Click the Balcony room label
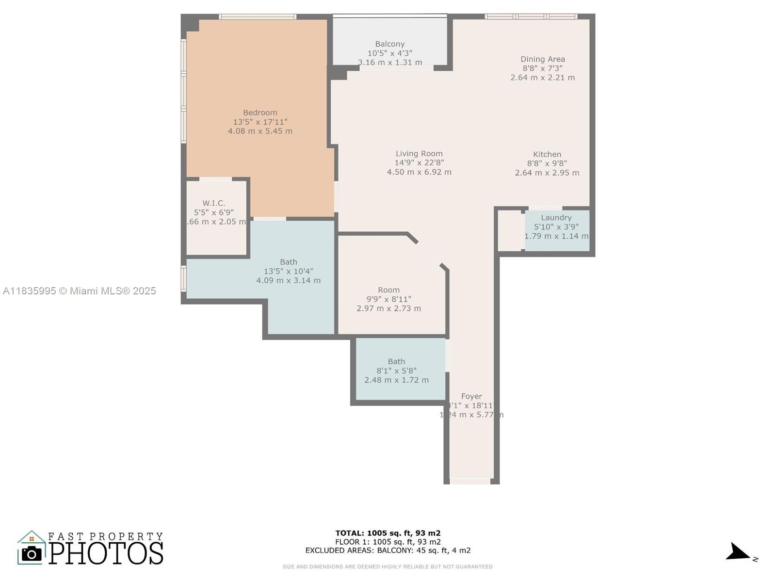[x=389, y=44]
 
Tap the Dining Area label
[x=542, y=59]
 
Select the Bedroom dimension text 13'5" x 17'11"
[x=260, y=122]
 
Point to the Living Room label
[x=419, y=154]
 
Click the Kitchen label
[x=547, y=154]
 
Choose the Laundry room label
[x=556, y=218]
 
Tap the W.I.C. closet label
[x=213, y=203]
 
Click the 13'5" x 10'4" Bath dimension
[x=288, y=271]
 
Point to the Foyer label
[x=471, y=396]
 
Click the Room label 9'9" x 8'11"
[x=388, y=290]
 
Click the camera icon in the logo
[x=32, y=553]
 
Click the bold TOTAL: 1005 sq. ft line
[x=388, y=533]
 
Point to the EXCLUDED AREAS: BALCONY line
[x=388, y=550]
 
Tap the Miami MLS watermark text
[x=80, y=291]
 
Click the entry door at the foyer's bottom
[x=469, y=481]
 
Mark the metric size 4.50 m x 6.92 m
[x=419, y=172]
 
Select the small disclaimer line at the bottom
[x=388, y=566]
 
